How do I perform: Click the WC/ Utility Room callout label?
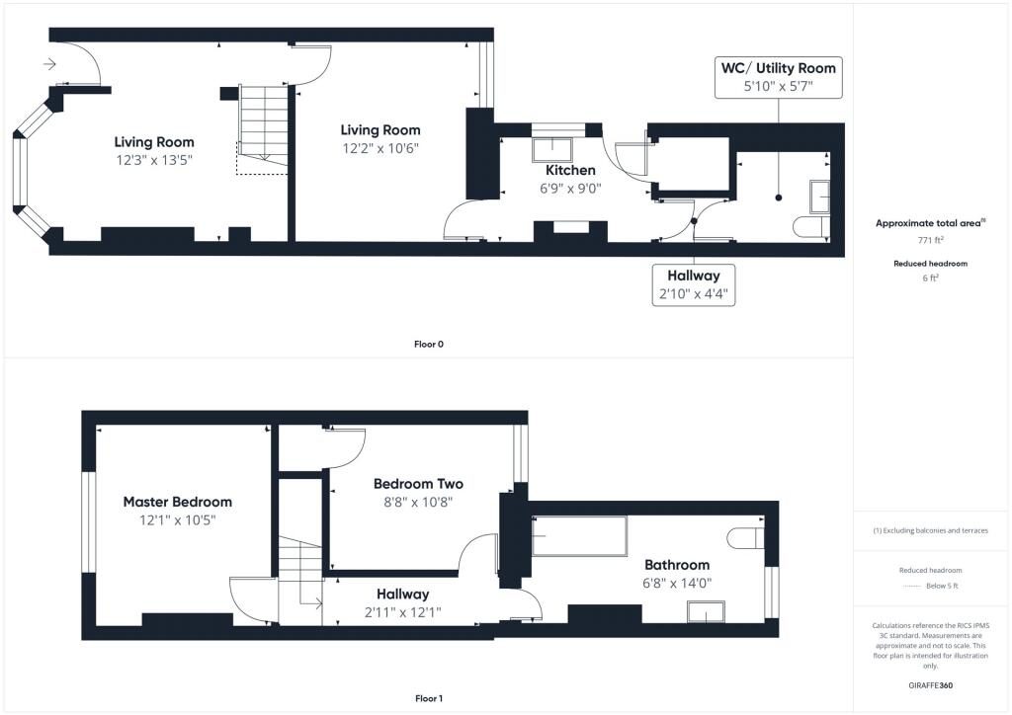pos(778,68)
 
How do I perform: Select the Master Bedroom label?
pos(178,502)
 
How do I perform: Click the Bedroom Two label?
pos(418,484)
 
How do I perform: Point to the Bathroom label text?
pos(677,565)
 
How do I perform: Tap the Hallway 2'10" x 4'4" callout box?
pos(694,284)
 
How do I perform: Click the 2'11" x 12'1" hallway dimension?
pos(402,611)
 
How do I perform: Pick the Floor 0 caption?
pos(429,345)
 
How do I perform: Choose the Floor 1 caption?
pos(429,698)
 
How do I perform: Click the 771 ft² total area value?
pos(931,240)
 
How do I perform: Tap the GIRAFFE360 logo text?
pos(931,685)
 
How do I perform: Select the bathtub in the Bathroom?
pos(579,536)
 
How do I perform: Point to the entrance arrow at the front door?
pos(49,65)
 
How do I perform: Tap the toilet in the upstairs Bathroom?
pos(747,538)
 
